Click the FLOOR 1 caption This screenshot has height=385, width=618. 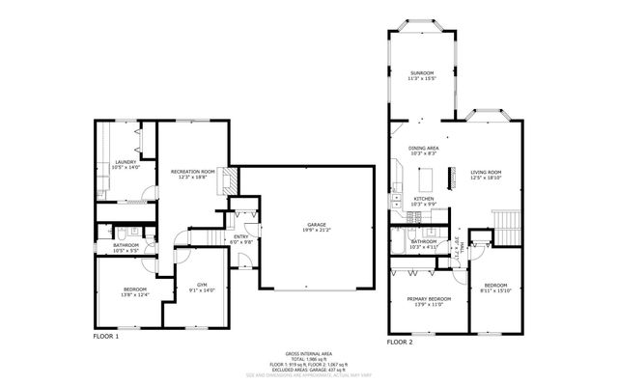tap(105, 338)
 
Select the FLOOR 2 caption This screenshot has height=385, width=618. tap(400, 343)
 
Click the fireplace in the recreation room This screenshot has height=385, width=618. tap(228, 180)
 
